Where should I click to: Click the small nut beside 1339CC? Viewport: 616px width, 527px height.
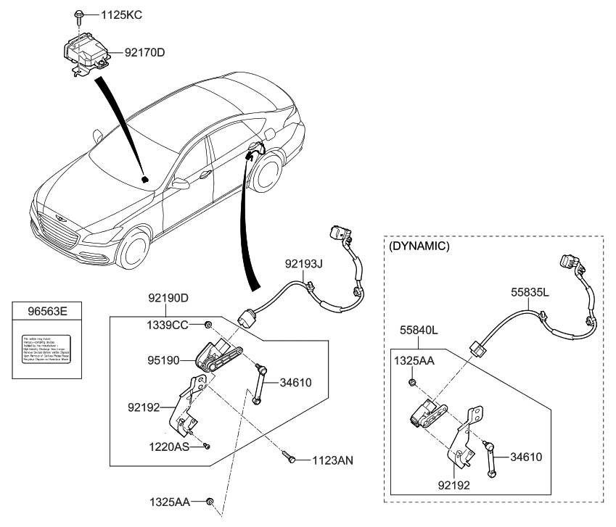tap(208, 325)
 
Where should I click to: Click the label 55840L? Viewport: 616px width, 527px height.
tap(417, 330)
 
